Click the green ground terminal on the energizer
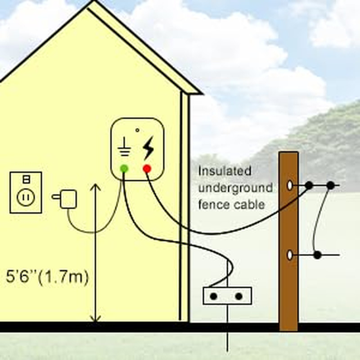click(124, 169)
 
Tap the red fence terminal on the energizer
click(147, 169)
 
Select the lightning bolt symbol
click(148, 149)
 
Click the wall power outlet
click(26, 192)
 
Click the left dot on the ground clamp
click(214, 296)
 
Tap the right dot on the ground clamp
click(239, 296)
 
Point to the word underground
click(235, 188)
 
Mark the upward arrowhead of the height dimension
click(95, 186)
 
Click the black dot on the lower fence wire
click(318, 255)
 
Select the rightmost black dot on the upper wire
click(330, 185)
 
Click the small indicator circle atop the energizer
click(137, 130)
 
